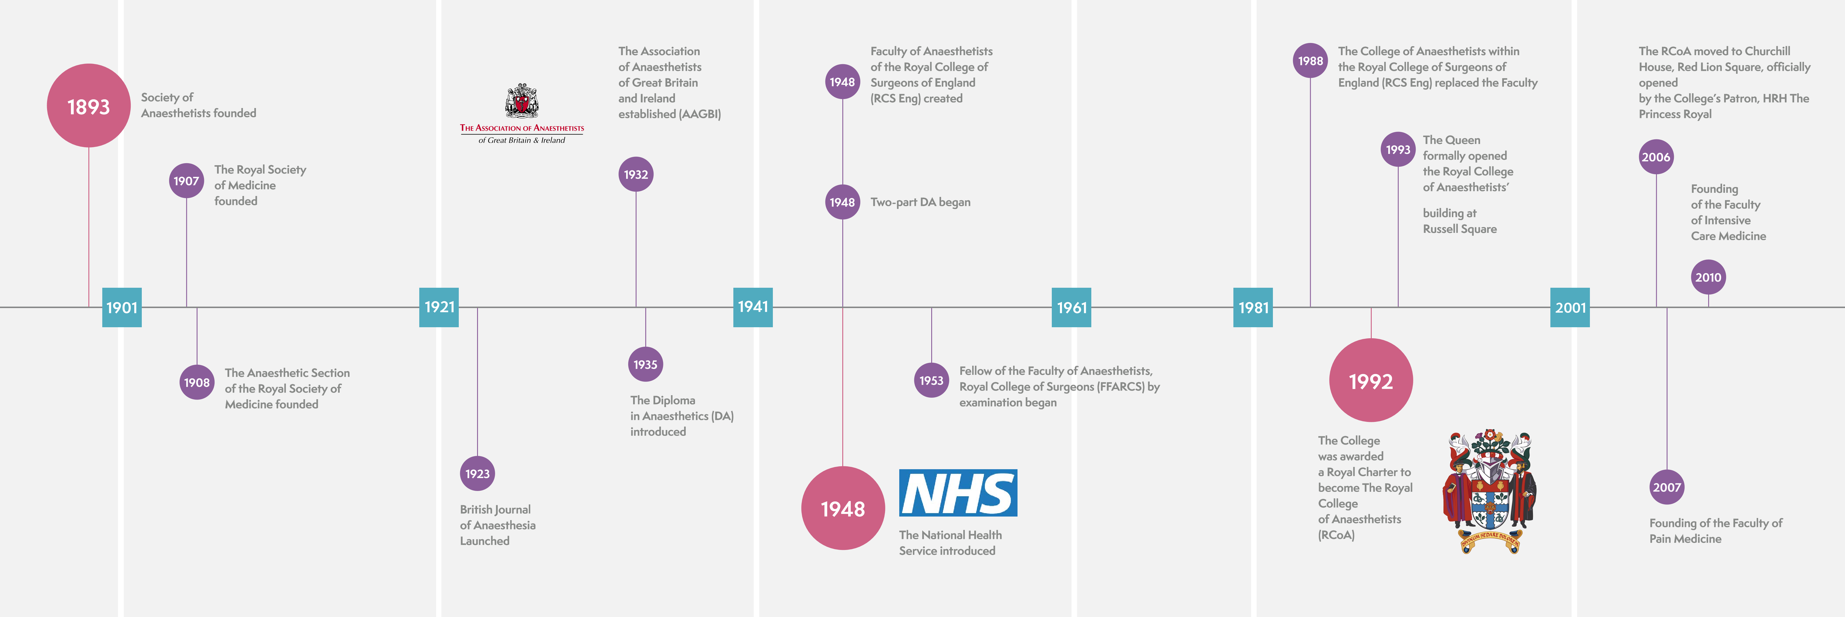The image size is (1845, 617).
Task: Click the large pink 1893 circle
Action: (89, 106)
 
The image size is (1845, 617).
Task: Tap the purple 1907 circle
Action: (186, 181)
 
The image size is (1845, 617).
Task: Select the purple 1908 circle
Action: (197, 382)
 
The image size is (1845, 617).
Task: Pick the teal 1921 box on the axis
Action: (439, 307)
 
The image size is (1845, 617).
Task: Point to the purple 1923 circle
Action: (477, 473)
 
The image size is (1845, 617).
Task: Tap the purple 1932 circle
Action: (636, 174)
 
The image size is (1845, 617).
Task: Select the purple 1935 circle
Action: (645, 364)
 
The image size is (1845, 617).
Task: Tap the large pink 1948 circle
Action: (843, 508)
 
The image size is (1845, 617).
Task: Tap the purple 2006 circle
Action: (1656, 157)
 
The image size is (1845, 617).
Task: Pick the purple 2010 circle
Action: (1708, 277)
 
